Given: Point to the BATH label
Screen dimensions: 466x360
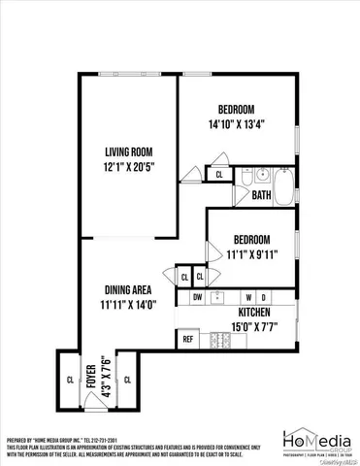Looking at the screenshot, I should click(261, 195).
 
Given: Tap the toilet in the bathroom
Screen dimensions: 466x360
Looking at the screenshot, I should click(247, 177).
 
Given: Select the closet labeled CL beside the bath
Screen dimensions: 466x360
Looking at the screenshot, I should click(219, 176).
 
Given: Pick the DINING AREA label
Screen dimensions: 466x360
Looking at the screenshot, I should click(129, 289).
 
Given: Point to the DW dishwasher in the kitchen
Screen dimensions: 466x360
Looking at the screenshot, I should click(197, 296).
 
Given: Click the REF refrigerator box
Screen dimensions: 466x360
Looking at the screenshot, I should click(187, 340).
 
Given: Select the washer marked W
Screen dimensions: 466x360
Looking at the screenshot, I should click(248, 296).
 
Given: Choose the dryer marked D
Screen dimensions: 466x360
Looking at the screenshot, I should click(263, 296).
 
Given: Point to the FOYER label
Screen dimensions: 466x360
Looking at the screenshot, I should click(90, 374).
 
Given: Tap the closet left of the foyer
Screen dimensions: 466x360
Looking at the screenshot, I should click(68, 379).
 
